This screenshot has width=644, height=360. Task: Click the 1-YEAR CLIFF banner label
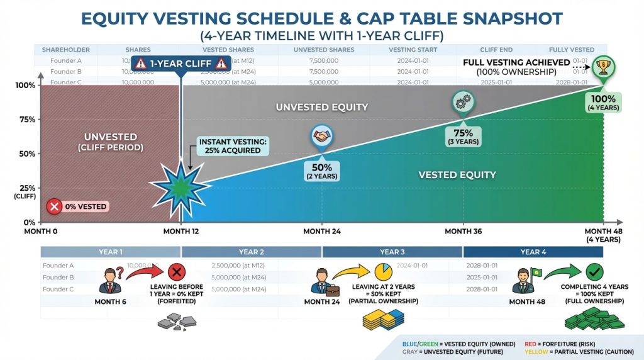coord(180,64)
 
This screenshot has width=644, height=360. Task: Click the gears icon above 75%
coord(463,102)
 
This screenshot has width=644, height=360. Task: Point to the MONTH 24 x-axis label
coord(322,232)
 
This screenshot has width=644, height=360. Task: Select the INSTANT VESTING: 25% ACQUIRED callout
coord(233,147)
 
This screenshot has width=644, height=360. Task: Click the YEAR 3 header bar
coord(392,252)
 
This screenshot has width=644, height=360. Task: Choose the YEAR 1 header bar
coord(111,252)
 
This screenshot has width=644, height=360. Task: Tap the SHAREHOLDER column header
coord(66,50)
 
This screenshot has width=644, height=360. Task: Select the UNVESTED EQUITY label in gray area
coord(321,107)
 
